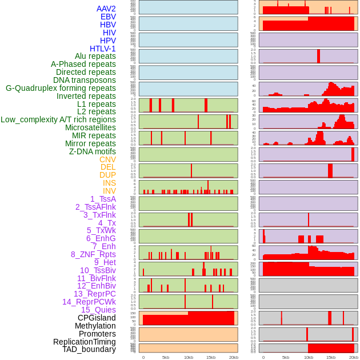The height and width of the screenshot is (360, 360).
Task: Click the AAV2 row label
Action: (x=106, y=9)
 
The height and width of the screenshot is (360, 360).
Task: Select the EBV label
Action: (x=108, y=17)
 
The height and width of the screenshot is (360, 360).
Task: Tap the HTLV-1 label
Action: (x=103, y=49)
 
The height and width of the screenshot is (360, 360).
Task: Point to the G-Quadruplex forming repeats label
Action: (x=61, y=88)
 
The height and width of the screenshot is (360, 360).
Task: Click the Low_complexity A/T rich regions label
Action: (x=58, y=119)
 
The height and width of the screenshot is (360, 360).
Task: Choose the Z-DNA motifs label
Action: (x=93, y=151)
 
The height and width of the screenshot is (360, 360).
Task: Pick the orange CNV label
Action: (x=107, y=159)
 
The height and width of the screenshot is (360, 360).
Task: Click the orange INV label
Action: (x=109, y=191)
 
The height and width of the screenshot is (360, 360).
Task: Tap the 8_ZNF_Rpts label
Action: (x=93, y=254)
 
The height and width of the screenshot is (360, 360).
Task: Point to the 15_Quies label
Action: (x=98, y=310)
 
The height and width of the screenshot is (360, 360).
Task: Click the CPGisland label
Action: (x=97, y=318)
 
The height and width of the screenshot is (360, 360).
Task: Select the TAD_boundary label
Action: (x=89, y=349)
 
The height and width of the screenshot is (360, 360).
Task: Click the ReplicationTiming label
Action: (x=84, y=342)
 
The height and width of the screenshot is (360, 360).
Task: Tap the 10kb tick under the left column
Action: (x=188, y=357)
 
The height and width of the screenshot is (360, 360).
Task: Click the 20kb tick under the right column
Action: (x=354, y=357)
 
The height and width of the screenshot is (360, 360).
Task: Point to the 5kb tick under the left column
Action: (x=166, y=357)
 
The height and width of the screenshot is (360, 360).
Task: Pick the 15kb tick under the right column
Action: (x=331, y=357)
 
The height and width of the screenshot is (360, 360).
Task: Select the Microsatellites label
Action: (x=90, y=127)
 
